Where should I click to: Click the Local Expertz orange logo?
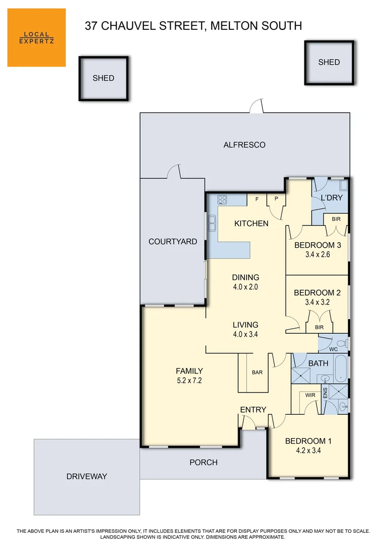[36, 37]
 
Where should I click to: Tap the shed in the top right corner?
[329, 62]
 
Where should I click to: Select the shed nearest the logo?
[103, 78]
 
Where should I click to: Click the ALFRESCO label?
[244, 145]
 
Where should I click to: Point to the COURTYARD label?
[173, 242]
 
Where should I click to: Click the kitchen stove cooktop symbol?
[222, 200]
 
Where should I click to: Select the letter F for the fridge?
[257, 199]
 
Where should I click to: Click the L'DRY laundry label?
[332, 198]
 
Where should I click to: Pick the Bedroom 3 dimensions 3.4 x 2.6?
[318, 255]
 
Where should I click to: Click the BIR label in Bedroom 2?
[319, 327]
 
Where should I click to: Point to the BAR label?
[257, 372]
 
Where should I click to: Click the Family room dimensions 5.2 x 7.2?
[189, 380]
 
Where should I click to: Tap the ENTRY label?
[253, 409]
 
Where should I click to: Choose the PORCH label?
[203, 462]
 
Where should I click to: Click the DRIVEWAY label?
[87, 476]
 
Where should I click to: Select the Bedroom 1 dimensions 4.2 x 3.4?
[308, 450]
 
